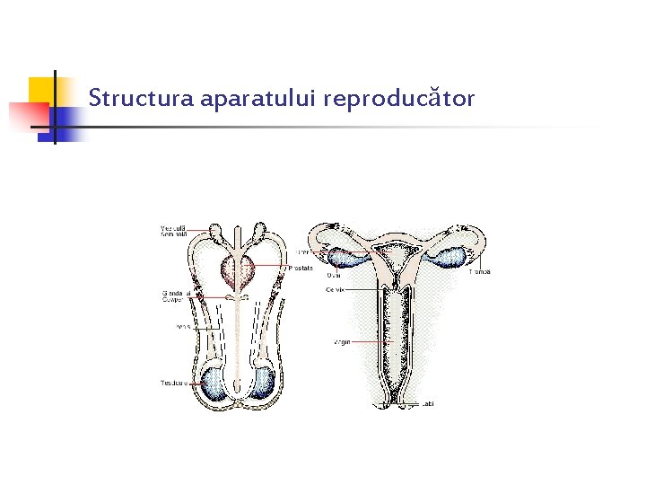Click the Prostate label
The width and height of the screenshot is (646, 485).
[x=301, y=268]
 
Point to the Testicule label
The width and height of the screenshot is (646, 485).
[x=174, y=383]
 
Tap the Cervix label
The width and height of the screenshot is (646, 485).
[x=336, y=289]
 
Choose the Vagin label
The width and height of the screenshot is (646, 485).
[x=341, y=342]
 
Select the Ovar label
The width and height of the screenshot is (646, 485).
[x=333, y=276]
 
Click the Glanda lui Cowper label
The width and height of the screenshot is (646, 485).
[x=173, y=296]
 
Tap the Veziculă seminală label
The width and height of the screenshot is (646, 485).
[x=173, y=231]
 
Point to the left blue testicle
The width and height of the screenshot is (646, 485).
[x=214, y=381]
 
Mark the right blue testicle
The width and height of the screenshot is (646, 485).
[x=262, y=381]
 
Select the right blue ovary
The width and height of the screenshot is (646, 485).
[x=451, y=258]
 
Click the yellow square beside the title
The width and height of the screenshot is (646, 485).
[x=42, y=91]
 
